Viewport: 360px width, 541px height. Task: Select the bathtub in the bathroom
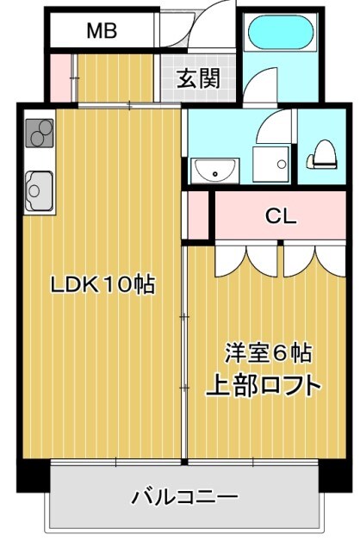tap(279, 34)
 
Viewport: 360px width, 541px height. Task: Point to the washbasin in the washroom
tap(210, 170)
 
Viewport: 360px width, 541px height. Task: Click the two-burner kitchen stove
tap(39, 133)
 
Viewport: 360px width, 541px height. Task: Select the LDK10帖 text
tap(102, 284)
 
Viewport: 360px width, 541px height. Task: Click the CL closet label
tap(280, 216)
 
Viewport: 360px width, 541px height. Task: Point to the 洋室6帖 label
tap(268, 352)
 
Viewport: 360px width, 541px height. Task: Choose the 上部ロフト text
tap(263, 385)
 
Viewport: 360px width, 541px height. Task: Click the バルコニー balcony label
tap(184, 497)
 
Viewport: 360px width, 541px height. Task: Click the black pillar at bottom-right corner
tap(331, 476)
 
